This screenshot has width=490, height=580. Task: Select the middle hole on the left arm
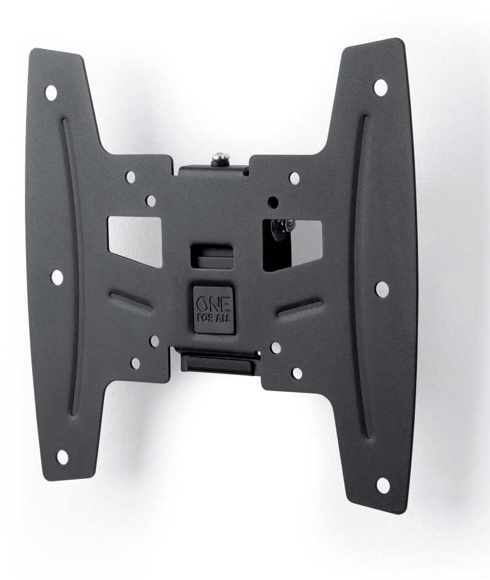tap(58, 277)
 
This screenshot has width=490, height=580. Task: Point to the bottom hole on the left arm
tap(63, 457)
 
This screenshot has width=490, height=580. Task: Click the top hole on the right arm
tap(380, 87)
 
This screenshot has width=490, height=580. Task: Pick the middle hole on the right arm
tap(382, 289)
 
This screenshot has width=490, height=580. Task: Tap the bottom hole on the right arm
tap(382, 484)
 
